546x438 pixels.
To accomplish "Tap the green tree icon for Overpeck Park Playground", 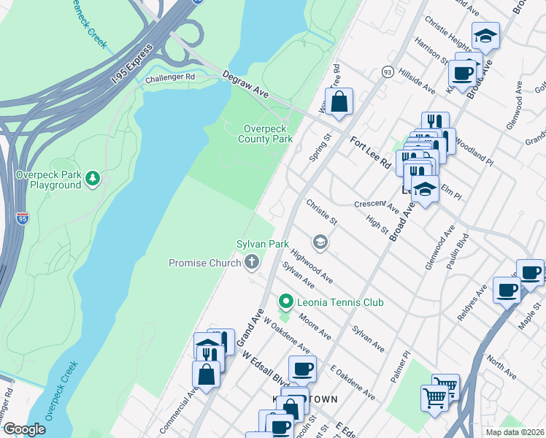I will [92, 177].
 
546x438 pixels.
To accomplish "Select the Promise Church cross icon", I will [252, 262].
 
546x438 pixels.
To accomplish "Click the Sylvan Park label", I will [262, 244].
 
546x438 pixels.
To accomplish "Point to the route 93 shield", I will [387, 72].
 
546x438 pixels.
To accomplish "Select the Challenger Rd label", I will [170, 77].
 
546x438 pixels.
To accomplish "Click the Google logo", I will [24, 429].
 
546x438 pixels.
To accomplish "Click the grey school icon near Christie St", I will [319, 241].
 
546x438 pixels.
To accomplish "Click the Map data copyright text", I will [515, 432].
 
